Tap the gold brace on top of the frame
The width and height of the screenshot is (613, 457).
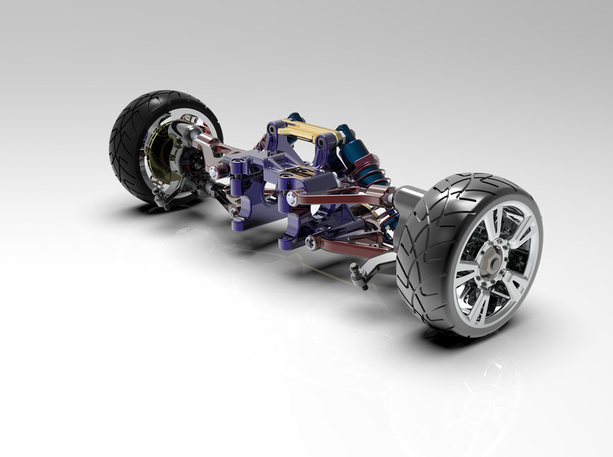pyautogui.click(x=305, y=131)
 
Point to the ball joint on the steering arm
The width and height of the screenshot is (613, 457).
pyautogui.click(x=355, y=269)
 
